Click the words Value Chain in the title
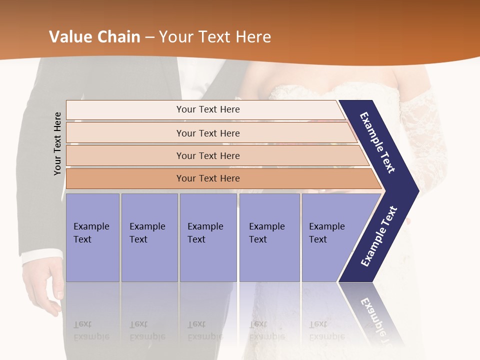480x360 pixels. pyautogui.click(x=94, y=37)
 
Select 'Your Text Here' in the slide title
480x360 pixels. pyautogui.click(x=215, y=37)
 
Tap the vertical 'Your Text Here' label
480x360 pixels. pyautogui.click(x=57, y=144)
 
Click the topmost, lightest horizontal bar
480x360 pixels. pyautogui.click(x=207, y=109)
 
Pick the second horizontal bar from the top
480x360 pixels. pyautogui.click(x=207, y=133)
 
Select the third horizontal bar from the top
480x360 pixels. pyautogui.click(x=207, y=155)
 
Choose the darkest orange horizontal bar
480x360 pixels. pyautogui.click(x=207, y=178)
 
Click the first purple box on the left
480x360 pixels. pyautogui.click(x=92, y=237)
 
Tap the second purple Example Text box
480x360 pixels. pyautogui.click(x=149, y=237)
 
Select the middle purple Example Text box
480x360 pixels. pyautogui.click(x=208, y=237)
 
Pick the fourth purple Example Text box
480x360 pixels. pyautogui.click(x=269, y=237)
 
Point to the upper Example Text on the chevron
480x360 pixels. pyautogui.click(x=378, y=142)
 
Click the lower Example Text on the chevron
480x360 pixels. pyautogui.click(x=378, y=236)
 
